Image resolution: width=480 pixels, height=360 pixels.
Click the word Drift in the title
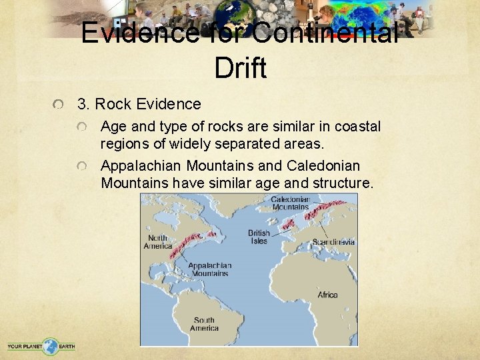[x=241, y=68]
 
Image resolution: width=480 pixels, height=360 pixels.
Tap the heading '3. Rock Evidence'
[x=139, y=104]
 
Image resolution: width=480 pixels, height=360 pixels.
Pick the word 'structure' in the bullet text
[x=345, y=182]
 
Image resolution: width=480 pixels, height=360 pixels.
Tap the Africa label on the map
[x=327, y=295]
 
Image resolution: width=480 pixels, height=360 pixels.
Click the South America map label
[x=204, y=324]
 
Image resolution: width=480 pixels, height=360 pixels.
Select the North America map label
[x=157, y=242]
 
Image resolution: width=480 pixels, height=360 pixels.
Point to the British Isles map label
[x=259, y=237]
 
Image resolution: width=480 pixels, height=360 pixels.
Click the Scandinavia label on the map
[x=333, y=241]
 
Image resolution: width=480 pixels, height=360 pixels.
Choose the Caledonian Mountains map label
[x=291, y=203]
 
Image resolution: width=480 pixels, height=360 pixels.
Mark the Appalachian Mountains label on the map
[x=210, y=269]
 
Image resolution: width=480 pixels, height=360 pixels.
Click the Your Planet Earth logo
[x=41, y=346]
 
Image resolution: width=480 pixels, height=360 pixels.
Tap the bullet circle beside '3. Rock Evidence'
[x=61, y=105]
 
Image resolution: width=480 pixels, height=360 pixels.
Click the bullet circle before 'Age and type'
[x=82, y=127]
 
